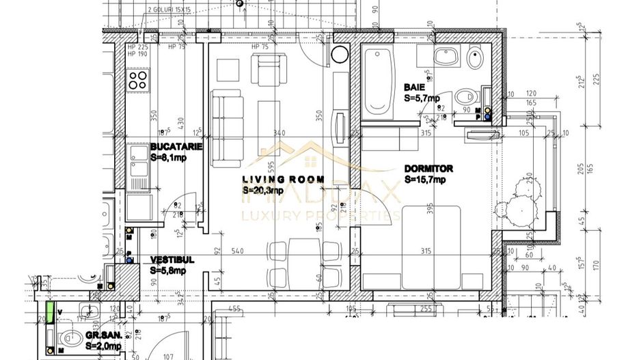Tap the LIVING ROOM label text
coord(271,180)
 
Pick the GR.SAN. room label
coord(103,337)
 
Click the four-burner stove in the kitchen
coord(139,82)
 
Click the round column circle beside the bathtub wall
coord(340,55)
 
